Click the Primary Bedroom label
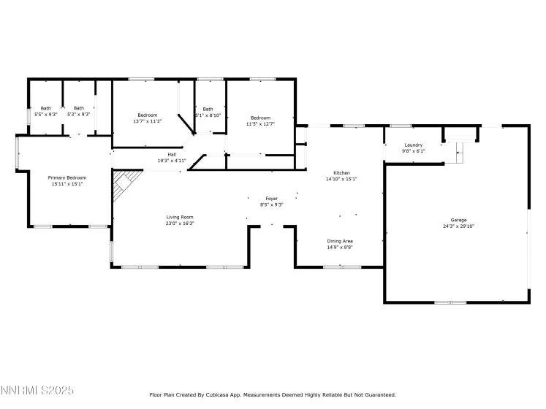point(67,178)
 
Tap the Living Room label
point(180,217)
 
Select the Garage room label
point(458,220)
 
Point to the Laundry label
point(414,145)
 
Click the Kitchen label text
point(341,173)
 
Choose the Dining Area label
point(340,241)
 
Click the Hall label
point(172,154)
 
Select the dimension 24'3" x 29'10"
point(458,226)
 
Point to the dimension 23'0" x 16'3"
point(180,223)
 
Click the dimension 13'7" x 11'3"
point(147,121)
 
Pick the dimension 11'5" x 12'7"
point(259,123)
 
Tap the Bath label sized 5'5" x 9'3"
point(46,108)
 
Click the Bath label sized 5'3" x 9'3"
point(78,108)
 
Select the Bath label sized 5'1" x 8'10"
point(208,109)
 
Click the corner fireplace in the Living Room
point(124,185)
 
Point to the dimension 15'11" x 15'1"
point(67,184)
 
